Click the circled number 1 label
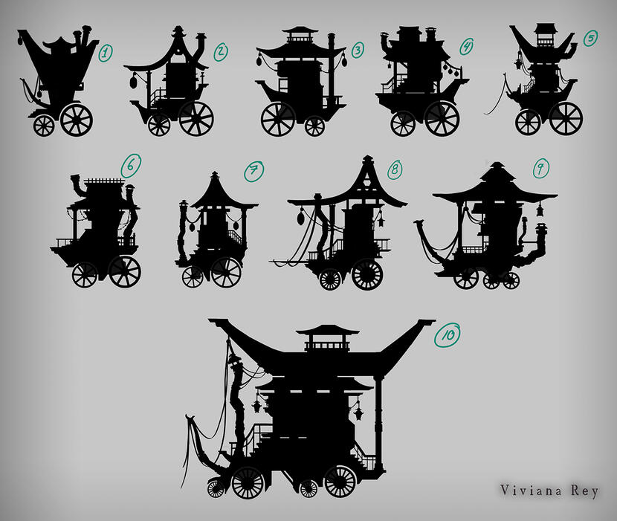105,53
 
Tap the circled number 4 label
466,46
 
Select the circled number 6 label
131,165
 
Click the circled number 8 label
395,169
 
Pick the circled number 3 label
358,51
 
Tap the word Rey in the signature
585,491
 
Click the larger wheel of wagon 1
77,120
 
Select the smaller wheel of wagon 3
314,126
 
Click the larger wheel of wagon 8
367,274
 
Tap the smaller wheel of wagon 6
85,275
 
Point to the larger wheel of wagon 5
566,118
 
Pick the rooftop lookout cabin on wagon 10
327,338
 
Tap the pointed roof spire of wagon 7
214,177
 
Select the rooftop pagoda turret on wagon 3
300,35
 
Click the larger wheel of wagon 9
466,278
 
